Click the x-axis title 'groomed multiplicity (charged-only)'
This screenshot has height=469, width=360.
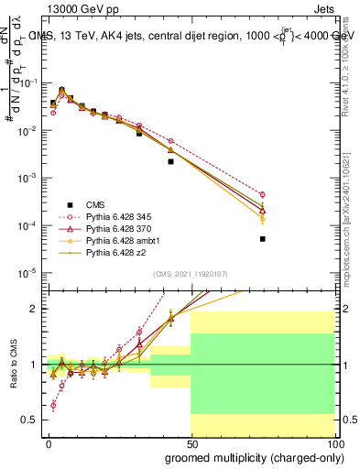tap(249, 456)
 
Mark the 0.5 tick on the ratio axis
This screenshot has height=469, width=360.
tap(29, 420)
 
